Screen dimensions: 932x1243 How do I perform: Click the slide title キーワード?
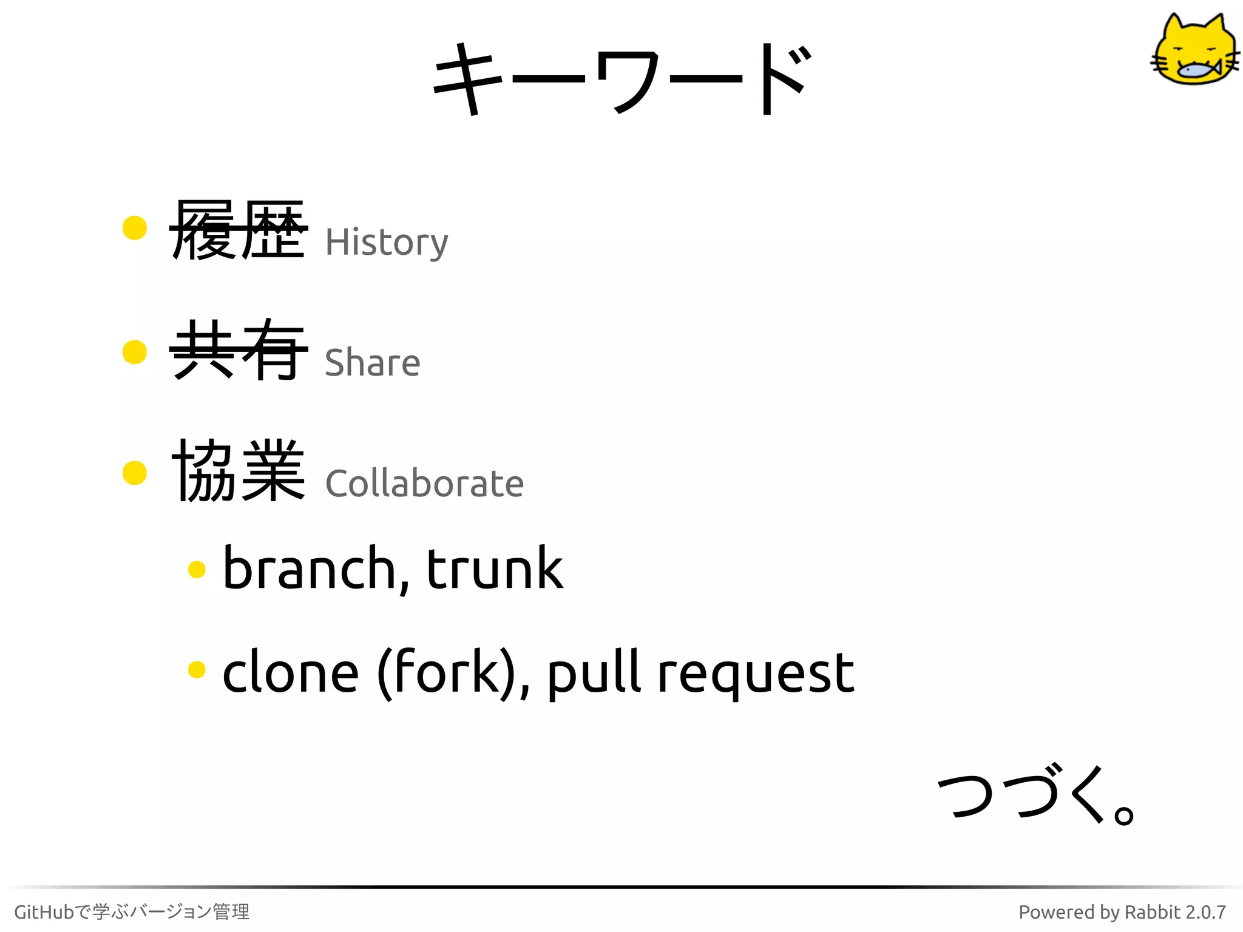click(x=621, y=79)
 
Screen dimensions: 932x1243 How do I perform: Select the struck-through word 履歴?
click(x=238, y=230)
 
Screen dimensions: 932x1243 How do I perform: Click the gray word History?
click(x=387, y=243)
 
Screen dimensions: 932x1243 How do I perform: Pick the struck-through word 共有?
click(x=238, y=350)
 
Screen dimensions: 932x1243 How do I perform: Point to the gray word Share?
click(x=372, y=363)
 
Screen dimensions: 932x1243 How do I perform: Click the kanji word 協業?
click(x=238, y=471)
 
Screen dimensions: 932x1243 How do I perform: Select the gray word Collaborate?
click(x=424, y=484)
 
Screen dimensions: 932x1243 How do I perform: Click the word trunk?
click(x=495, y=569)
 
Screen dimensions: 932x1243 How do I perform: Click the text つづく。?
click(x=1035, y=794)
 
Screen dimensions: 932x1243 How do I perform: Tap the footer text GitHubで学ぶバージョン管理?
click(x=132, y=911)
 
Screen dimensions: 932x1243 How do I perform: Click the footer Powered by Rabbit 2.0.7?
click(x=1122, y=911)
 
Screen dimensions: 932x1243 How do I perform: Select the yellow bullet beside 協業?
click(x=135, y=473)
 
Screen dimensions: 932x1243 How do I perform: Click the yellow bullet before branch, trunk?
click(x=197, y=569)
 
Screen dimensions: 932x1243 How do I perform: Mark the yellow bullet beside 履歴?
click(x=135, y=228)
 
